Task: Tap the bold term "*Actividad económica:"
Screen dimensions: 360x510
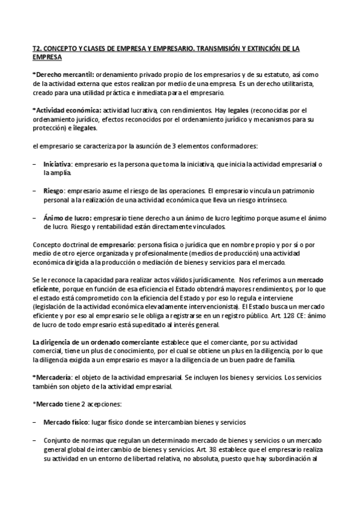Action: point(66,110)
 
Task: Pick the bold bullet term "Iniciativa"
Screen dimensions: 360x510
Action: point(58,164)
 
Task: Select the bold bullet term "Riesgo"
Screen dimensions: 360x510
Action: point(53,191)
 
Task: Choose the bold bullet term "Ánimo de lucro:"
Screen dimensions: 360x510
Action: point(67,218)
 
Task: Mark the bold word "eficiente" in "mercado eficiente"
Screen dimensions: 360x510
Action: point(46,289)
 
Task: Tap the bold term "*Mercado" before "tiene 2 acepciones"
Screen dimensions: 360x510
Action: point(49,404)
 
